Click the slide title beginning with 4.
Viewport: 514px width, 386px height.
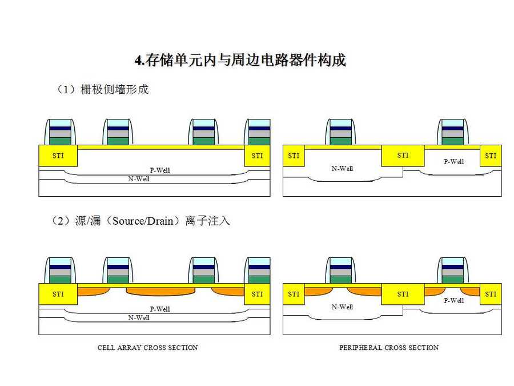240,60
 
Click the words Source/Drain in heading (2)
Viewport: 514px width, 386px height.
141,221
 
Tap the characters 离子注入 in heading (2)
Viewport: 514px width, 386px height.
207,221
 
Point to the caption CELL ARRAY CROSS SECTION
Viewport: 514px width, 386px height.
147,348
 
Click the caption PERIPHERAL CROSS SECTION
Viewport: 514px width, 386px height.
389,348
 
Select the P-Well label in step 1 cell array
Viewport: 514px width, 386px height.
160,170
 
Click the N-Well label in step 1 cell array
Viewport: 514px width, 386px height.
139,179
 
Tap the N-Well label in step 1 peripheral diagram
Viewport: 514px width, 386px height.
342,169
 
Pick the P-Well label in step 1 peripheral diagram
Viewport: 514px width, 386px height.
454,162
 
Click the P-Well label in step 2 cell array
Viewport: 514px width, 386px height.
160,309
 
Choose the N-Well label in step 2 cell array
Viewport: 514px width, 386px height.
139,318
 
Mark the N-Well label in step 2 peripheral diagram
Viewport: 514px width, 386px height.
342,307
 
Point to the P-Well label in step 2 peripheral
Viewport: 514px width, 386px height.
454,301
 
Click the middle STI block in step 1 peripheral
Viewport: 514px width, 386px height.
403,156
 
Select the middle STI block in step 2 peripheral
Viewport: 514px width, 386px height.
403,294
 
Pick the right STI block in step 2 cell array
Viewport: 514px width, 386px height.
257,294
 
